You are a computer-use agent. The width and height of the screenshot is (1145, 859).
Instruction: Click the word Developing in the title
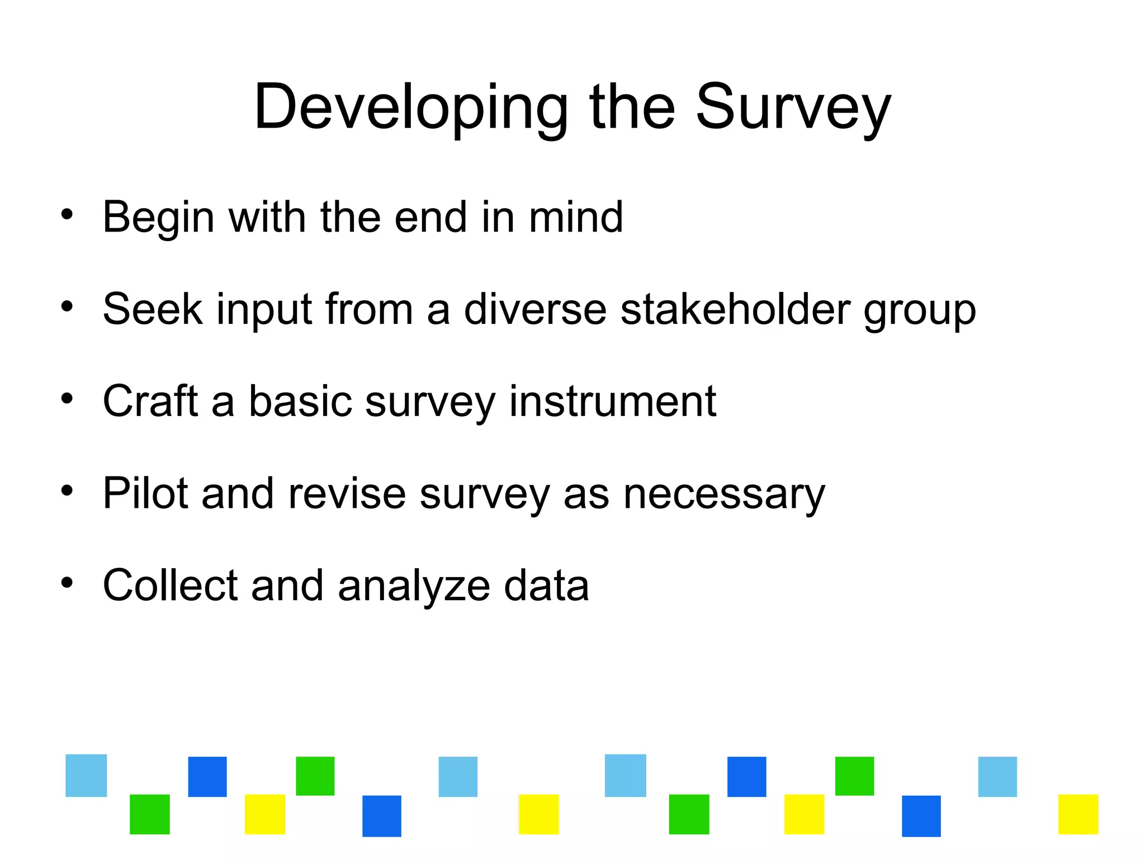click(x=410, y=107)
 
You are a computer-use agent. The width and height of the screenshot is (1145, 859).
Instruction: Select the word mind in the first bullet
click(x=575, y=217)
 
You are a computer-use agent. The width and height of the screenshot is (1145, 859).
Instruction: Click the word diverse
click(x=535, y=309)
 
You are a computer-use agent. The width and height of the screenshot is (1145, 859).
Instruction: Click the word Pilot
click(x=145, y=493)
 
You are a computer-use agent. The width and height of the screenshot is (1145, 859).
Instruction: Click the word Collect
click(x=170, y=585)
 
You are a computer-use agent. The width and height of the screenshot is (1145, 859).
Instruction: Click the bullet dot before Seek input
click(x=67, y=306)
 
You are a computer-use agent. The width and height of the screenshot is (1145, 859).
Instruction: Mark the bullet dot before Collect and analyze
click(x=67, y=583)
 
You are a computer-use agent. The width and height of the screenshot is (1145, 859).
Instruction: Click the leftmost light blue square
click(x=86, y=775)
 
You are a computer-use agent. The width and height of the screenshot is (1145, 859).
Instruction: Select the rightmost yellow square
click(x=1078, y=814)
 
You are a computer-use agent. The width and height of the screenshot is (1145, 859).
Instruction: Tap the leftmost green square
click(x=150, y=814)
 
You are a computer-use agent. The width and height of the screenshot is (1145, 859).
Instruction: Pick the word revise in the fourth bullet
click(x=347, y=493)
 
